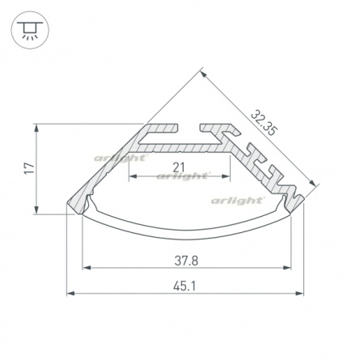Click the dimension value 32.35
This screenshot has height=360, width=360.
pos(264,123)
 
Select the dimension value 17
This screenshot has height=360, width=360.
pos(30,169)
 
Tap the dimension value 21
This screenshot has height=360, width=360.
pos(179,167)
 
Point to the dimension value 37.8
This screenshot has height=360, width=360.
pos(186,260)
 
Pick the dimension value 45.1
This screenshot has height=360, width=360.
pos(184,286)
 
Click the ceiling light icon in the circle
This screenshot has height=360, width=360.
pos(30,30)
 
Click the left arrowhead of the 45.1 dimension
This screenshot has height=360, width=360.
pos(70,293)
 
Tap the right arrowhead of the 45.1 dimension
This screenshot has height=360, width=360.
pos(299,293)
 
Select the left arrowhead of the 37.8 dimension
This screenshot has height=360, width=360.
pos(86,268)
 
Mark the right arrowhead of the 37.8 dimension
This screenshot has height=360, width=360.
pos(287,268)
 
